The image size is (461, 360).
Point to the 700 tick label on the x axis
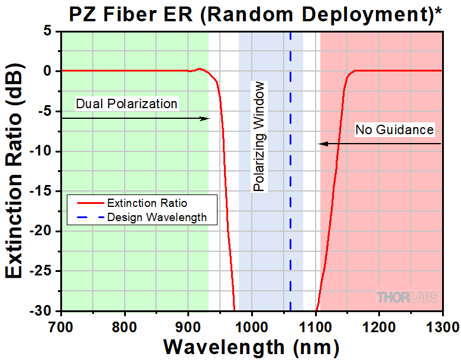61,326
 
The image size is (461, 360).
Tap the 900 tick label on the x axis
188,326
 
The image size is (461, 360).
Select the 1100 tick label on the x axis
316,326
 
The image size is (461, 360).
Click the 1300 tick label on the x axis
442,326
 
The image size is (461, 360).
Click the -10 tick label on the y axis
43,151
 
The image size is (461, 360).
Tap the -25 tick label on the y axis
43,271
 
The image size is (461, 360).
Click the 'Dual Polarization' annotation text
126,103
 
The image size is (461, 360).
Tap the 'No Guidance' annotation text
394,129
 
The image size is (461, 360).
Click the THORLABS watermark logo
408,296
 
